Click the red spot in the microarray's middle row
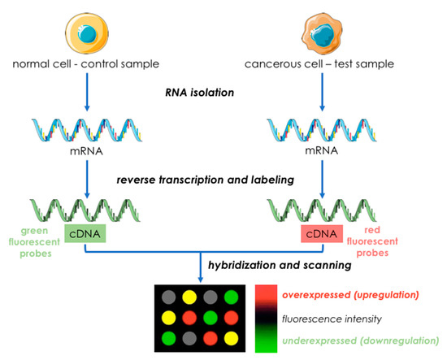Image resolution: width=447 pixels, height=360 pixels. (193, 314)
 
